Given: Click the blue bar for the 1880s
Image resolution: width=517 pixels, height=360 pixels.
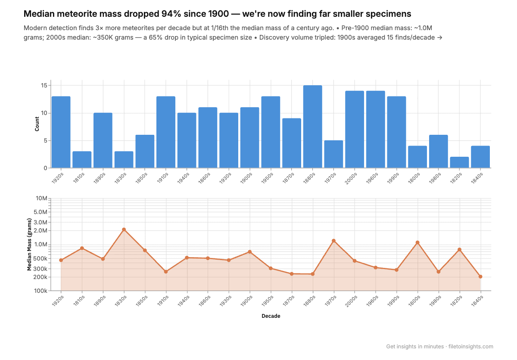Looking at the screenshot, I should tap(312, 127).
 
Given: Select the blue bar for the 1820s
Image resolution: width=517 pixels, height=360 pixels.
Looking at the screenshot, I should tap(459, 162).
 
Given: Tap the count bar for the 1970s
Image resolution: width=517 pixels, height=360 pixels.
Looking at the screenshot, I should tap(333, 154).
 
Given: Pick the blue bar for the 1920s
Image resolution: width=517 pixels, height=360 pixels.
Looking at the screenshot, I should tap(61, 132).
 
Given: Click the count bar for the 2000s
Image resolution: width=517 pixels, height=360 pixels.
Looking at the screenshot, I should tap(355, 129).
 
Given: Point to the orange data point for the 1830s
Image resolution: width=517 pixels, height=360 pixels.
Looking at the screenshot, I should tap(124, 230).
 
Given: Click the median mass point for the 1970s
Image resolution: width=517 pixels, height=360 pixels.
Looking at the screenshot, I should tap(333, 241).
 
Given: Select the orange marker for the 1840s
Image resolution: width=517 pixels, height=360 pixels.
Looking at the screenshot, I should tap(480, 276).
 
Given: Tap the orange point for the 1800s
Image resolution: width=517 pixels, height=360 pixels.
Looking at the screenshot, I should tap(417, 242).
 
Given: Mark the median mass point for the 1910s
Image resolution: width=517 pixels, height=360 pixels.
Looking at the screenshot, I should tap(166, 272).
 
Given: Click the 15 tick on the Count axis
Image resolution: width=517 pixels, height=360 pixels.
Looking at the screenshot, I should tap(44, 86).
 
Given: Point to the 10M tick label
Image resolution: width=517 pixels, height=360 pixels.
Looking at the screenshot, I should tap(42, 198).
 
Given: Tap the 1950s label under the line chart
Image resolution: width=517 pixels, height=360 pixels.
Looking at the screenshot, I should tap(268, 300).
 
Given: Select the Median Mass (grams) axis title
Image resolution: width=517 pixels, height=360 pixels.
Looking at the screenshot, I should tap(29, 244).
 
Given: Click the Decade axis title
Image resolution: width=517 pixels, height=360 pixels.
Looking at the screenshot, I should tap(271, 316).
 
